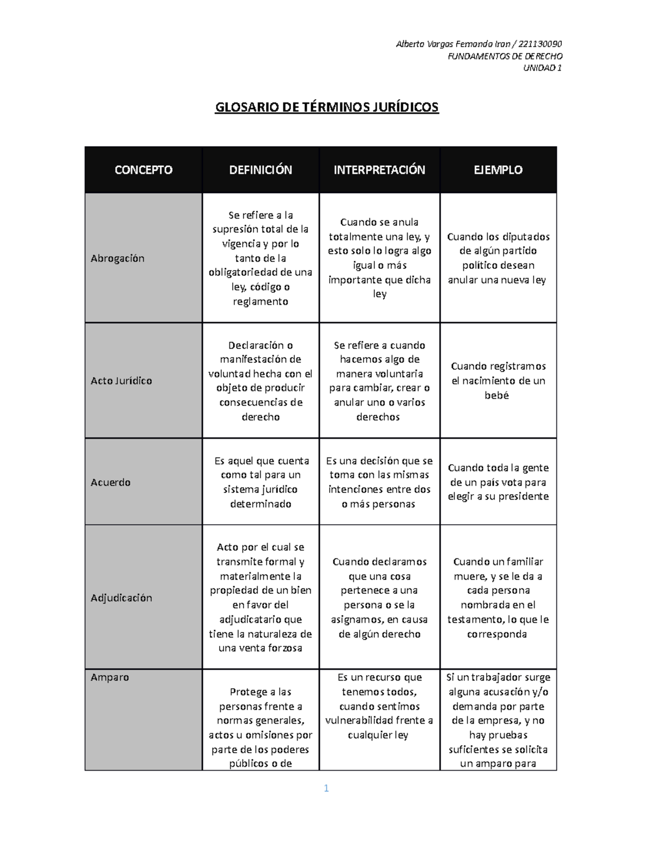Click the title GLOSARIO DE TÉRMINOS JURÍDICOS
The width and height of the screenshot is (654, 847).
(x=326, y=107)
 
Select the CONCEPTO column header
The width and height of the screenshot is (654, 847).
(x=143, y=170)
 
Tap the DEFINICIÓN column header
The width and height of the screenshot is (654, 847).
(x=261, y=170)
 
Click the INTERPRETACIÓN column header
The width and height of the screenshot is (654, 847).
(x=379, y=170)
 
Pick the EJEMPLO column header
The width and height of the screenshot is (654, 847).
(x=498, y=170)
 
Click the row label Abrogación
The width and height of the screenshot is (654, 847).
(x=118, y=259)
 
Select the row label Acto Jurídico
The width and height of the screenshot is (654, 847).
(x=121, y=381)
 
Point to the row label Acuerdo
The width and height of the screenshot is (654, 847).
(x=111, y=482)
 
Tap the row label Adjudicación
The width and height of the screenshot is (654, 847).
(x=121, y=598)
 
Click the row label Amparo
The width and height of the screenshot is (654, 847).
(x=110, y=677)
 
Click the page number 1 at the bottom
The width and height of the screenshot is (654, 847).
(x=326, y=788)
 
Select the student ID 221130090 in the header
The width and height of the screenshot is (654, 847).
(x=540, y=44)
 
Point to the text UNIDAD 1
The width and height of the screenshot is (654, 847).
(x=542, y=68)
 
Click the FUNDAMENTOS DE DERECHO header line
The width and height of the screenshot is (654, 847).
(x=505, y=56)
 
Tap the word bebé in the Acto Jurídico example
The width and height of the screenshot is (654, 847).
(x=496, y=395)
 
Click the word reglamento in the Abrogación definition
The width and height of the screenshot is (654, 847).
(x=261, y=302)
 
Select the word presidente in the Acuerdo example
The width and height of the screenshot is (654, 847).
(x=524, y=496)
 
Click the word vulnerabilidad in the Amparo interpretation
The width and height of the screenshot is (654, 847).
(x=364, y=720)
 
